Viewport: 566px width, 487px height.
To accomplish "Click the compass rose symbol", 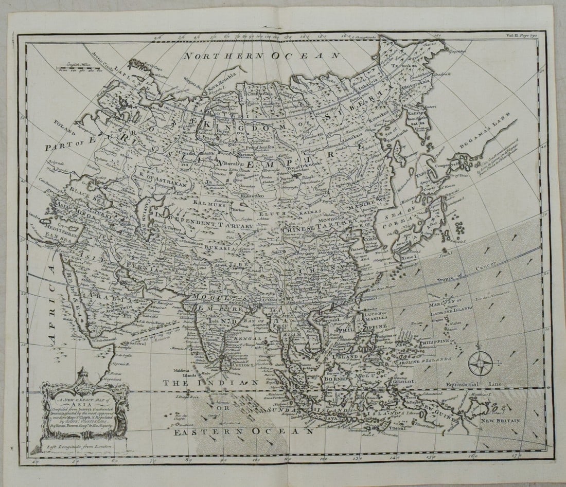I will pyautogui.click(x=480, y=364).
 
